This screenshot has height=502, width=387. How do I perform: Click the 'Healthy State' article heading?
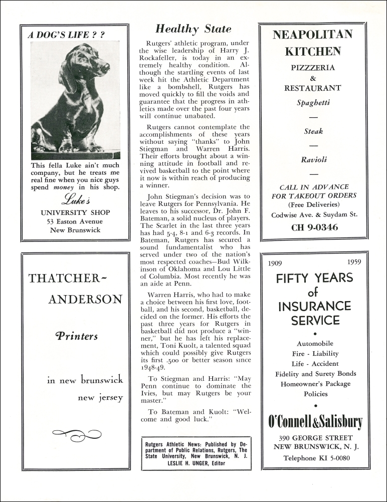point(193,29)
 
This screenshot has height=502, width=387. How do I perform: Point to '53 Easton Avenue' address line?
point(75,221)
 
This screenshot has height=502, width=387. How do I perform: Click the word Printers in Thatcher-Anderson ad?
point(77,336)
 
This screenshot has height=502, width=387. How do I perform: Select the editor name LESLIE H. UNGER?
point(197,463)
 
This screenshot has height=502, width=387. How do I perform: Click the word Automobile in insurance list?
point(315,344)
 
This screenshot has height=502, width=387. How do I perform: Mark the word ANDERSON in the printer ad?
point(85,300)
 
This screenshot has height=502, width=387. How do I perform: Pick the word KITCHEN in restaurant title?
point(313,51)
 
